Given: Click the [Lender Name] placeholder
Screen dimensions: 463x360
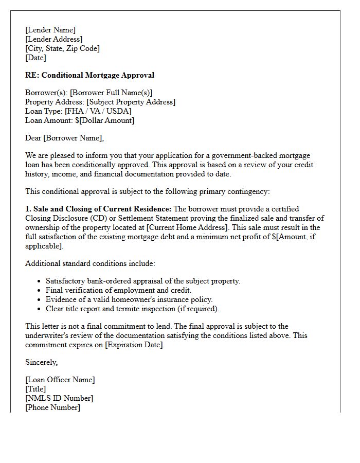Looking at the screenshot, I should [50, 30].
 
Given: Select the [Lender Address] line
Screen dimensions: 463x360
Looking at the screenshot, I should [54, 39].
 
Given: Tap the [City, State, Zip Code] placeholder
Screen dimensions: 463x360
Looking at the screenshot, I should [62, 48].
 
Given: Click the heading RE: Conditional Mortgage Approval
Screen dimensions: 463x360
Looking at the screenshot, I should [89, 75].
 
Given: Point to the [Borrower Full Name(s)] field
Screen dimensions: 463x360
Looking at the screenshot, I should [111, 93].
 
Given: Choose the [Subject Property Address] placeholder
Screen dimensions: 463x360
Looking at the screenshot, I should [131, 102].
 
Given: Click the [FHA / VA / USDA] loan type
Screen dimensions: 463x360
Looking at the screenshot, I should [98, 111].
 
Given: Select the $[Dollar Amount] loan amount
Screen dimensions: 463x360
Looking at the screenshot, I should [104, 120].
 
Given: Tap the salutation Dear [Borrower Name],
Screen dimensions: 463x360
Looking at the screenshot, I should [64, 138].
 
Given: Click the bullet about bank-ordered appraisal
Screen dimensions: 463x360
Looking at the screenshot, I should [143, 281].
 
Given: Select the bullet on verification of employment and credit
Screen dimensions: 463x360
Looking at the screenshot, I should [118, 290].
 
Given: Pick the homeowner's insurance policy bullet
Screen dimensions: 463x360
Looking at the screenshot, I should [129, 299].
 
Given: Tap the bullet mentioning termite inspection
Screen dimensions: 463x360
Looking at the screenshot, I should [132, 309].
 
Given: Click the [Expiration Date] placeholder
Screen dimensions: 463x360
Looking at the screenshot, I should [134, 345].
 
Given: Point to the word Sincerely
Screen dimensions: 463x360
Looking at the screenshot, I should [42, 362].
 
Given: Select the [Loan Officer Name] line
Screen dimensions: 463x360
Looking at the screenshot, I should [60, 380].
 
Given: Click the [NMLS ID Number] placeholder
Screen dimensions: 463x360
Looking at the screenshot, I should [59, 398].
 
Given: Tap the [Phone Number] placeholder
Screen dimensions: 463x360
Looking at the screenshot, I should [52, 407].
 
